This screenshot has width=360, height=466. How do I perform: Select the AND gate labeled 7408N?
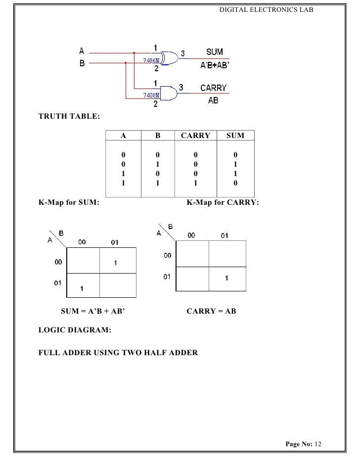pyautogui.click(x=167, y=92)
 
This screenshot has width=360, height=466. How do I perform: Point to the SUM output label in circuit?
pyautogui.click(x=214, y=52)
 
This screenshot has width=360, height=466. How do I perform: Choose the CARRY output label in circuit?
pyautogui.click(x=213, y=88)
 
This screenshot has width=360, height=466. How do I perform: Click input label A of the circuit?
pyautogui.click(x=82, y=50)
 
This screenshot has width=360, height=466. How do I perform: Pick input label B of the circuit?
pyautogui.click(x=82, y=63)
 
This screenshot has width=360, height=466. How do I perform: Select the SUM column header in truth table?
pyautogui.click(x=235, y=136)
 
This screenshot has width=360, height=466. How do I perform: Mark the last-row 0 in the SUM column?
pyautogui.click(x=235, y=183)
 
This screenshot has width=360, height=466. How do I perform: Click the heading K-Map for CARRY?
pyautogui.click(x=222, y=202)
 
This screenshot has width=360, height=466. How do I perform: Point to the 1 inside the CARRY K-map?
pyautogui.click(x=226, y=279)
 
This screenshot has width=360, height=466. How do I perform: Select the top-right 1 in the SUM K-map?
pyautogui.click(x=115, y=263)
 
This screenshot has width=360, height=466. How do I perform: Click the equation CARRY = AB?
pyautogui.click(x=211, y=311)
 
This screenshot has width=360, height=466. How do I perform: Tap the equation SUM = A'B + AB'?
pyautogui.click(x=92, y=311)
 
